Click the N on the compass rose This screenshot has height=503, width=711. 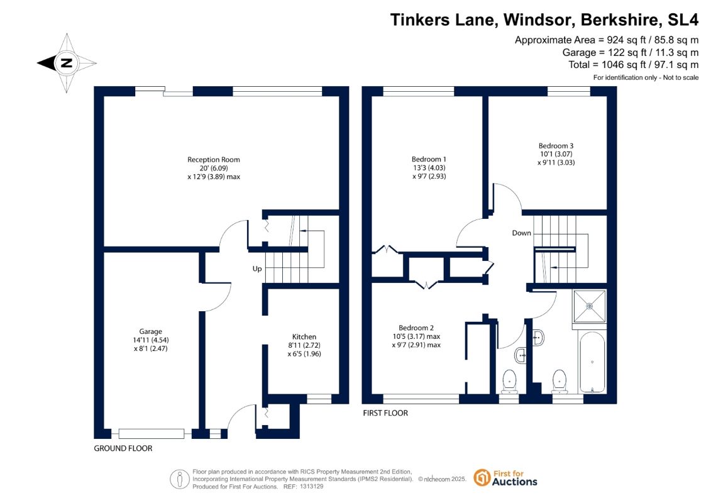click(67, 63)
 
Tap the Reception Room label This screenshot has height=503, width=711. click(214, 160)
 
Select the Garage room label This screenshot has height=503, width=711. click(150, 331)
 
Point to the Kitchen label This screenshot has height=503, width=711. click(304, 336)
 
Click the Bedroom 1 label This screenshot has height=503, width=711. click(429, 159)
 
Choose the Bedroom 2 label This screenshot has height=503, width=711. click(416, 328)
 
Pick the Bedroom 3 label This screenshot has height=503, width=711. click(556, 146)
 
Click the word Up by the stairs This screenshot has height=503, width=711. click(257, 269)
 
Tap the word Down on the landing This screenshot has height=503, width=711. click(521, 233)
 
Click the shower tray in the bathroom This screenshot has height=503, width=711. click(590, 307)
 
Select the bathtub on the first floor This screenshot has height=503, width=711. click(592, 362)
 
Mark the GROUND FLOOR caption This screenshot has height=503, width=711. click(123, 448)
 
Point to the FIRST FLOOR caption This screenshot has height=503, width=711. click(385, 413)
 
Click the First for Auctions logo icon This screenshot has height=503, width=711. click(482, 478)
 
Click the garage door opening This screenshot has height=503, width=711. click(151, 434)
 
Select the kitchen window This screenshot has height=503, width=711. click(319, 399)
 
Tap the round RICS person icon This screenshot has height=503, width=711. click(180, 479)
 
